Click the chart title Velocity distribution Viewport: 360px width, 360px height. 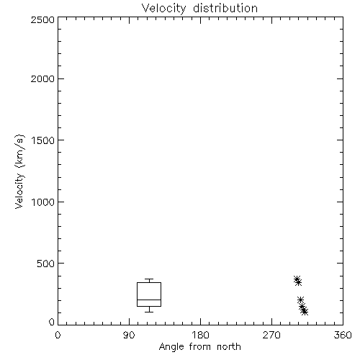(199, 8)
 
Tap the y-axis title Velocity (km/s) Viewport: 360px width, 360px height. (19, 171)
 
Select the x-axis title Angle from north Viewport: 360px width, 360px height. (199, 346)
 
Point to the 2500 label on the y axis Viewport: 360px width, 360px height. (42, 19)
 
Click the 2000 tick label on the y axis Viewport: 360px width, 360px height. (42, 78)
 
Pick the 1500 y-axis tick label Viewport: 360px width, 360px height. (43, 140)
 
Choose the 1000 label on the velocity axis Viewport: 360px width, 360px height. (43, 202)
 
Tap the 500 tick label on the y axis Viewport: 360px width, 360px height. (46, 264)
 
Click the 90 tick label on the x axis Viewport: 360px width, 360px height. (129, 335)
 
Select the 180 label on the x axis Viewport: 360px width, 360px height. (200, 335)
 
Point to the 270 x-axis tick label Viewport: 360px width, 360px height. (271, 335)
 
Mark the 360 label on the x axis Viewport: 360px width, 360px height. (343, 335)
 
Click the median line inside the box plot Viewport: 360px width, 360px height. (149, 300)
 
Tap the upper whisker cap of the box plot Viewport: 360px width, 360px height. (149, 279)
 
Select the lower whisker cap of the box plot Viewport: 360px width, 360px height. (149, 312)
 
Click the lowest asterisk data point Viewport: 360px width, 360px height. (305, 312)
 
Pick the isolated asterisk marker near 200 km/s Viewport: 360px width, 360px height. (300, 300)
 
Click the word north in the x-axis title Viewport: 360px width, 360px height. (229, 346)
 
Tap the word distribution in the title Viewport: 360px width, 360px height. (225, 8)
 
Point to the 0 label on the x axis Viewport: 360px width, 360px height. (58, 335)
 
